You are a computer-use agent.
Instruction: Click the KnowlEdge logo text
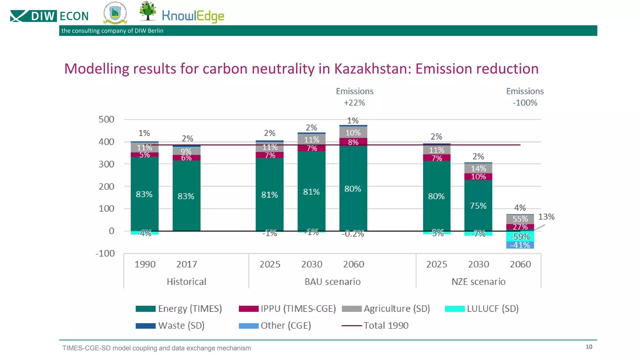[x=193, y=16]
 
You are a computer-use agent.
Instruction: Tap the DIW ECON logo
[x=49, y=16]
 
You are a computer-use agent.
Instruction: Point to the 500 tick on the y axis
[x=106, y=119]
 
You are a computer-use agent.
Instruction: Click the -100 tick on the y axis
[x=105, y=253]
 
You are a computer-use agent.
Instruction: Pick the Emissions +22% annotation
[x=355, y=97]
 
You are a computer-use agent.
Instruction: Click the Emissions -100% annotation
[x=525, y=97]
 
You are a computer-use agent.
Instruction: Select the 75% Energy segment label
[x=478, y=206]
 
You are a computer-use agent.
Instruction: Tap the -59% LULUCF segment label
[x=520, y=237]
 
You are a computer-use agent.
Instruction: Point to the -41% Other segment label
[x=520, y=245]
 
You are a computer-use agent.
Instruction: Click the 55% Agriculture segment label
[x=520, y=219]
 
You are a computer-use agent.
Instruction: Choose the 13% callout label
[x=546, y=217]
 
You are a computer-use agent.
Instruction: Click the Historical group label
[x=187, y=282]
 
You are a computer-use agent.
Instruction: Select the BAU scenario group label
[x=332, y=282]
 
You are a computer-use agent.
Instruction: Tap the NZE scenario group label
[x=478, y=282]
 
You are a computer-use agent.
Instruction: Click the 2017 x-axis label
[x=187, y=264]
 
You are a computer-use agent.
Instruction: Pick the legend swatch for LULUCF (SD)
[x=455, y=309]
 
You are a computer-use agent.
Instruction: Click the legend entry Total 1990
[x=386, y=326]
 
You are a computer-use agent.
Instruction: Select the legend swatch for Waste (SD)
[x=145, y=326]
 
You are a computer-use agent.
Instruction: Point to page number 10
[x=589, y=347]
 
